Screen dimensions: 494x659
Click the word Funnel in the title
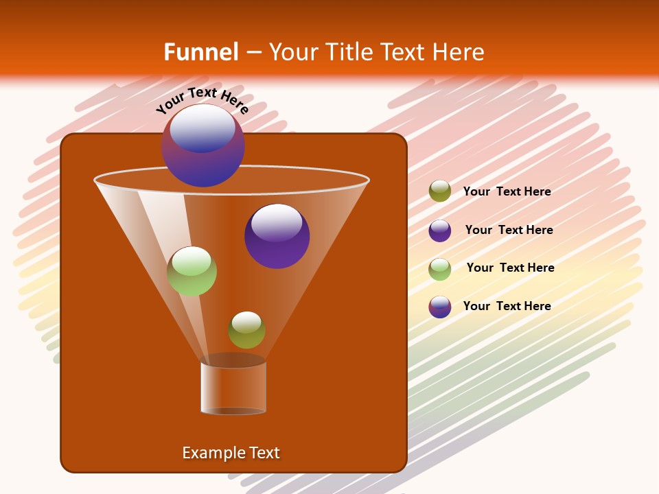pos(200,52)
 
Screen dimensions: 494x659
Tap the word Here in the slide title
pos(455,52)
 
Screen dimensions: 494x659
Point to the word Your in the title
pos(292,52)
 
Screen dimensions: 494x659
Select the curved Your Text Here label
pos(202,99)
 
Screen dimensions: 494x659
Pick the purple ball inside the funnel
pos(277,236)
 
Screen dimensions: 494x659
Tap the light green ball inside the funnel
pos(192,271)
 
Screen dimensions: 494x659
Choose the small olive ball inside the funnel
pos(246,330)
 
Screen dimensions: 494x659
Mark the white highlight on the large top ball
pos(203,128)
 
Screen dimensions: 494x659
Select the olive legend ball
pos(440,191)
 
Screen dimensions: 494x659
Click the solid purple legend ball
pos(440,231)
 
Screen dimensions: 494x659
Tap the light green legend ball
pos(440,269)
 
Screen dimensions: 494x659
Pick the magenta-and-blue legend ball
pos(440,307)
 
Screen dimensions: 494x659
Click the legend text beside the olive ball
pos(507,191)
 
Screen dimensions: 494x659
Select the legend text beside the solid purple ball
pos(509,230)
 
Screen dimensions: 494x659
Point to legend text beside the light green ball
pos(510,268)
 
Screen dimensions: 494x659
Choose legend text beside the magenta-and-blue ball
pos(507,306)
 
